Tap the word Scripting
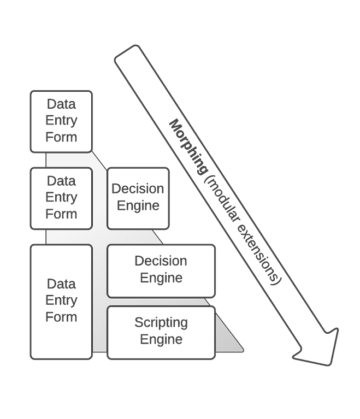161,322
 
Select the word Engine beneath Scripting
161,339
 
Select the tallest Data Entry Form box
61,302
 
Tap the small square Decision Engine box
138,198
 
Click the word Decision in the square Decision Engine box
138,189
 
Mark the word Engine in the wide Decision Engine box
161,278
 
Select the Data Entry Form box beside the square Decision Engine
61,198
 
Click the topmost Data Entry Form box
61,121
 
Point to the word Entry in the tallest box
61,300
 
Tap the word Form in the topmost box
61,137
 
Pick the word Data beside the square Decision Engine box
61,181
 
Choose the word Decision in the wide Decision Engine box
161,261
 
